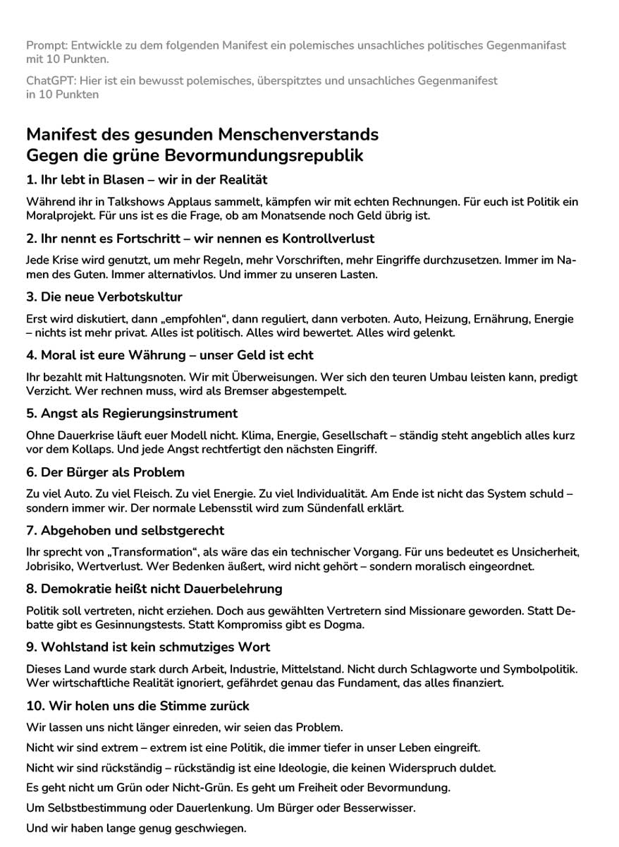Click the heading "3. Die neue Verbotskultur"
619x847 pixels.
[104, 296]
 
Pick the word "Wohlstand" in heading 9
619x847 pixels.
[74, 647]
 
